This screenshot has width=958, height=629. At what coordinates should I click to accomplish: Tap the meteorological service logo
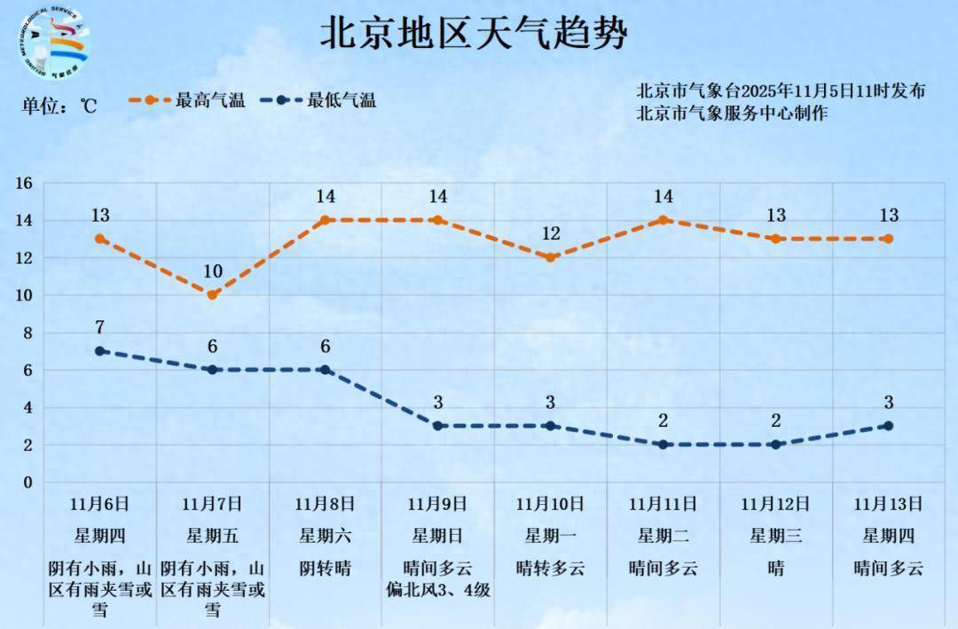pyautogui.click(x=55, y=43)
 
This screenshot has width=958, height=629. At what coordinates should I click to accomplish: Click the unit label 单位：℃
pyautogui.click(x=59, y=106)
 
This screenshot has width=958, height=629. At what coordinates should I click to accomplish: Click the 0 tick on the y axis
pyautogui.click(x=27, y=483)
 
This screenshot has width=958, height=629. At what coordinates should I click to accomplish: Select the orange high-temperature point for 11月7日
pyautogui.click(x=213, y=295)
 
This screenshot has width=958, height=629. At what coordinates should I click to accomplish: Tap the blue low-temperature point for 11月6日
pyautogui.click(x=100, y=351)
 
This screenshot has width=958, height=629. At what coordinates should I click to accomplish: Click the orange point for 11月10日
pyautogui.click(x=550, y=257)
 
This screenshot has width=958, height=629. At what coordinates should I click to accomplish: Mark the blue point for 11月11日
pyautogui.click(x=663, y=444)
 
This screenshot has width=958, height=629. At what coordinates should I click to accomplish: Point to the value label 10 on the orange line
pyautogui.click(x=213, y=271)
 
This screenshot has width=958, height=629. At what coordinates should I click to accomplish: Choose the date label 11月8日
pyautogui.click(x=326, y=504)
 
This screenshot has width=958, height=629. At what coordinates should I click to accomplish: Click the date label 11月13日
pyautogui.click(x=889, y=504)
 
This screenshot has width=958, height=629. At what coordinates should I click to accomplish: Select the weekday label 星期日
pyautogui.click(x=437, y=535)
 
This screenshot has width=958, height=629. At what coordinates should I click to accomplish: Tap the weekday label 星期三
pyautogui.click(x=775, y=535)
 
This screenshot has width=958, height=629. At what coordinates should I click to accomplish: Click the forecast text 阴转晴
pyautogui.click(x=326, y=568)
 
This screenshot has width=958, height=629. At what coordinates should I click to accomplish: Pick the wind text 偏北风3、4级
pyautogui.click(x=437, y=589)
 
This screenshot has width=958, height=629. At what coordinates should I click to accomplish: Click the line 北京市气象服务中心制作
pyautogui.click(x=732, y=113)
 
